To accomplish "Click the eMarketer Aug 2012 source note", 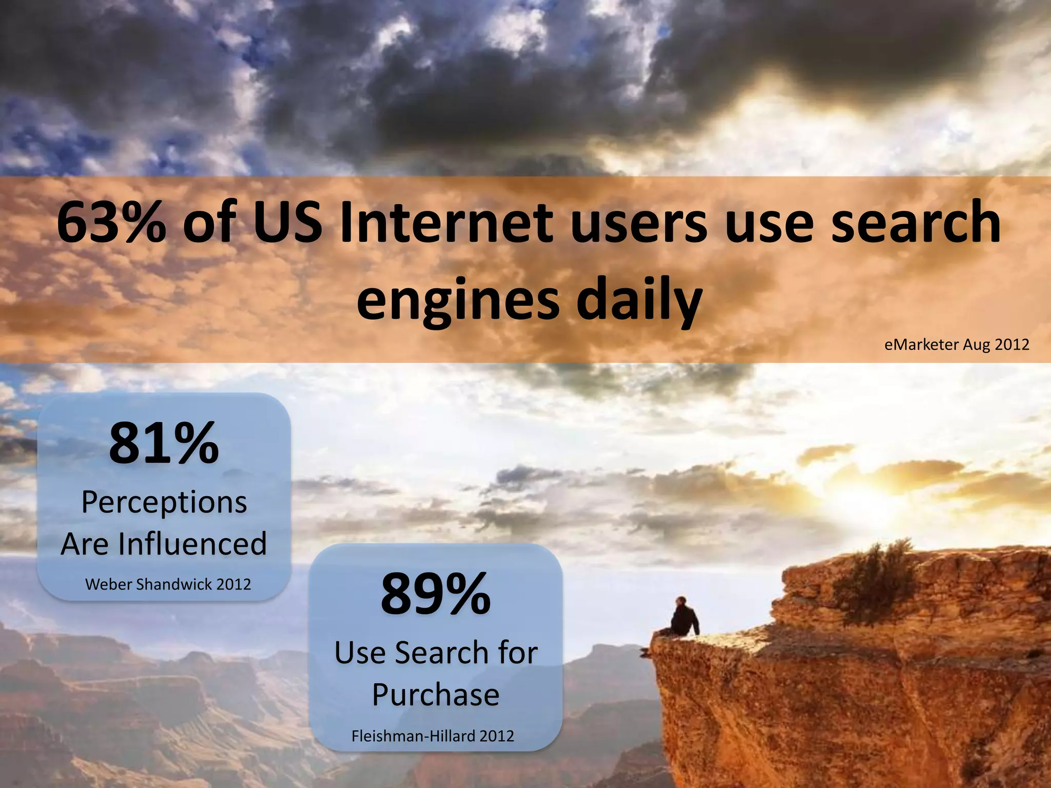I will tap(957, 344).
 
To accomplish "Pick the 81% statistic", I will tap(164, 443).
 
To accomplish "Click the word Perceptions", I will tap(164, 503).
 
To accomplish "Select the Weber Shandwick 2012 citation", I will tap(168, 584).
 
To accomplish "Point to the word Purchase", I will tap(436, 695).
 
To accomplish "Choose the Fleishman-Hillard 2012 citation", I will tap(433, 736).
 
